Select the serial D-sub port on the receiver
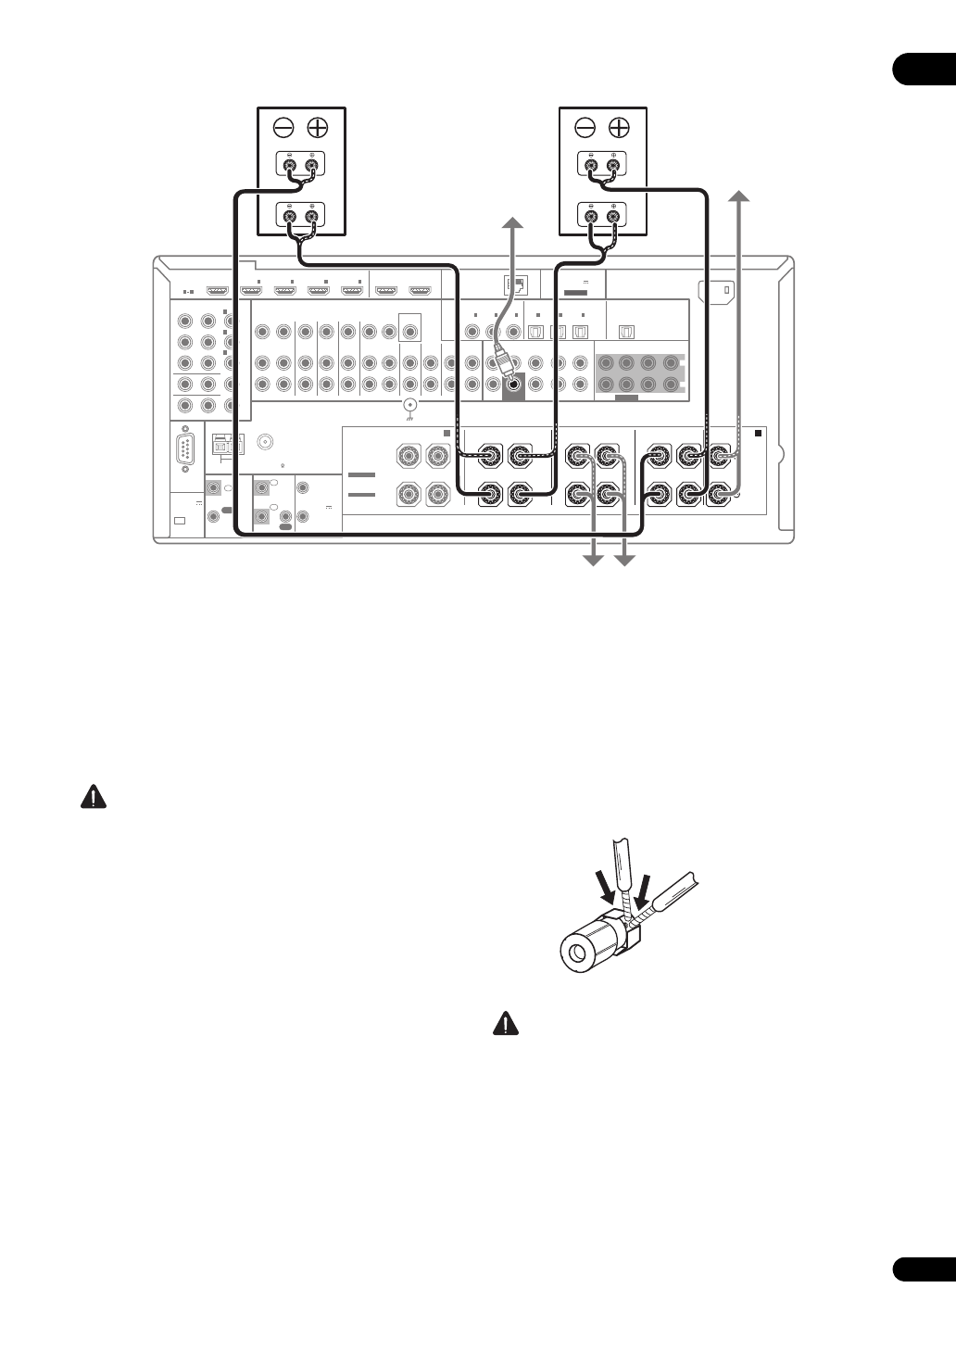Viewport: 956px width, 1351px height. (186, 453)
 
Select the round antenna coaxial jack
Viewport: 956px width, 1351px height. (268, 443)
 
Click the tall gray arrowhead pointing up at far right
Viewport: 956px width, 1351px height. (738, 196)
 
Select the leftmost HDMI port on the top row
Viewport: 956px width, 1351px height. (217, 289)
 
